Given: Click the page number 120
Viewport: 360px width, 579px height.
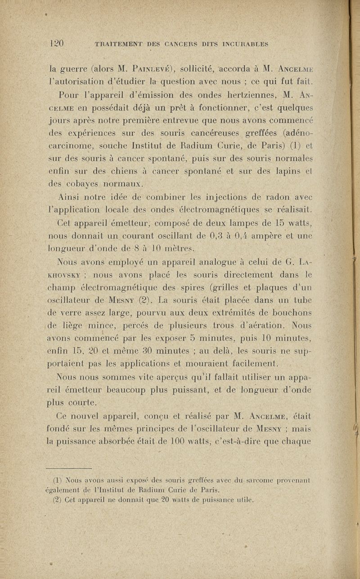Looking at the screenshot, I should click(x=58, y=44).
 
